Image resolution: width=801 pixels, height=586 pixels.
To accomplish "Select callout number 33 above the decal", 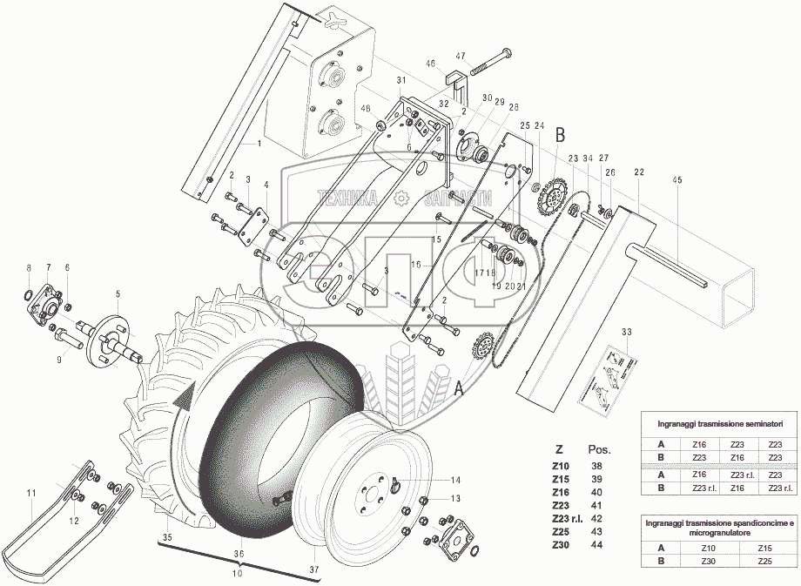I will coord(625,333).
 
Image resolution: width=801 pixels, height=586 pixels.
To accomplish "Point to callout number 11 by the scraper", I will coord(30,494).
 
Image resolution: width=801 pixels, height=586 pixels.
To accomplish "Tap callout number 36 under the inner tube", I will coord(239,554).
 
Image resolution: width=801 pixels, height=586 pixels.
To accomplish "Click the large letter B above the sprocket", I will coord(560,135).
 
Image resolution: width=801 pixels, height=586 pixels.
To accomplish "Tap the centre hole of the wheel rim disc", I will coord(372,493).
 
